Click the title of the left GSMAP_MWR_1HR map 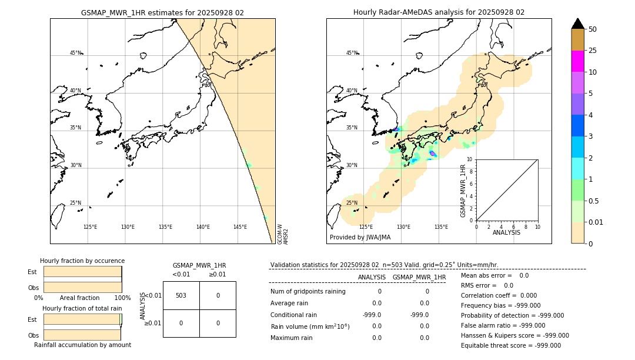point(162,12)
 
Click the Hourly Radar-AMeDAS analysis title point(439,12)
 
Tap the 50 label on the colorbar point(593,29)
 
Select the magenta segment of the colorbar point(577,61)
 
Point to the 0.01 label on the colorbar point(596,222)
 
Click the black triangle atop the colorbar point(577,24)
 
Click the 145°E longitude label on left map point(240,227)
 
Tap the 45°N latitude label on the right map point(352,53)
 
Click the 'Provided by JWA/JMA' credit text point(360,237)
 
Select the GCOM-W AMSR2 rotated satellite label point(283,234)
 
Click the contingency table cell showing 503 point(181,295)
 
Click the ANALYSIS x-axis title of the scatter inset point(506,232)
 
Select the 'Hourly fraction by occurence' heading point(82,261)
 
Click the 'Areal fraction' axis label point(79,298)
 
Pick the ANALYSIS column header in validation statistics point(372,277)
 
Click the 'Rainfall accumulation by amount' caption point(82,345)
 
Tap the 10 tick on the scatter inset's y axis point(470,159)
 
